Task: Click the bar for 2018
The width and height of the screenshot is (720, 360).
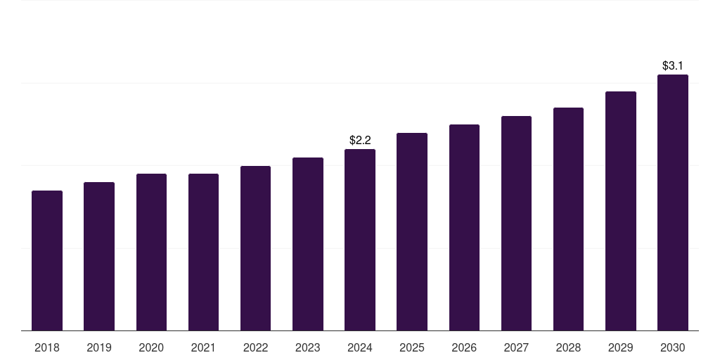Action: point(47,260)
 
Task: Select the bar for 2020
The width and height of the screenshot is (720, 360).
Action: point(151,252)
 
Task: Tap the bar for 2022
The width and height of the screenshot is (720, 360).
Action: point(255,248)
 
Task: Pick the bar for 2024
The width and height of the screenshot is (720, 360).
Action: point(360,240)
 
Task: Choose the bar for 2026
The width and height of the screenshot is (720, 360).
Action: point(464,227)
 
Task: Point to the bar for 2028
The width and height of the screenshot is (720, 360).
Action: point(568,219)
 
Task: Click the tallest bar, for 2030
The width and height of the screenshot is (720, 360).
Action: point(673,202)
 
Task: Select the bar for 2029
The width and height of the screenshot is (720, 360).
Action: point(621,211)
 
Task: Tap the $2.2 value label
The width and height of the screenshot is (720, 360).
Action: point(360,141)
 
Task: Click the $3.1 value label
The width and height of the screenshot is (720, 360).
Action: point(673,66)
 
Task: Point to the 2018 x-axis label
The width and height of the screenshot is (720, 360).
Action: point(47,347)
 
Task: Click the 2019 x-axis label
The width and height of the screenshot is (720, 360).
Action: point(99,347)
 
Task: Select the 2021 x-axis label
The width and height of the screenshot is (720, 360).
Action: point(203,347)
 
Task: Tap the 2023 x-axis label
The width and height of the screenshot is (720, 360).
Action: point(307,347)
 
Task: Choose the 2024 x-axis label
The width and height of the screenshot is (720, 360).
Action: point(360,347)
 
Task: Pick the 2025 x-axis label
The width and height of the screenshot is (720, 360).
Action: point(412,347)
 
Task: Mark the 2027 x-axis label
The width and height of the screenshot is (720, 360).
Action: point(516,347)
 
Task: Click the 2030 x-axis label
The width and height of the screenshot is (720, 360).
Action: point(673,347)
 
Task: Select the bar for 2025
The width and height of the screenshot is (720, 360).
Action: point(412,231)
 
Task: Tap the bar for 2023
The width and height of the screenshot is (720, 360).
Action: point(307,244)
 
